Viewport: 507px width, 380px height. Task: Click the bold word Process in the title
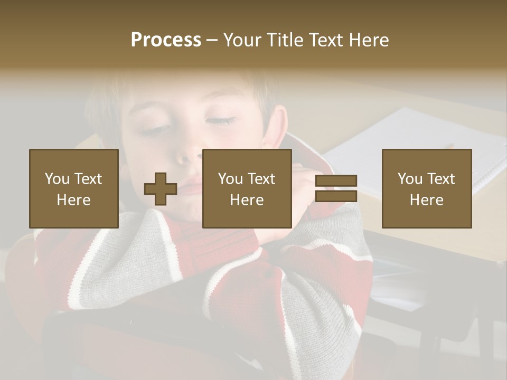tap(166, 40)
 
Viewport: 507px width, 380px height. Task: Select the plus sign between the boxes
tap(161, 189)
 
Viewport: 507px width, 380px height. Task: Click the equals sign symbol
tap(336, 188)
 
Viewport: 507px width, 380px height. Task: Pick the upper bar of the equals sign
tap(336, 181)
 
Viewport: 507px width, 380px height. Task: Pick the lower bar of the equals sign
tap(336, 196)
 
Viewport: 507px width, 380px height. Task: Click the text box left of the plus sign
tap(73, 188)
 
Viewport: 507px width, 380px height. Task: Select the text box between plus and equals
tap(247, 188)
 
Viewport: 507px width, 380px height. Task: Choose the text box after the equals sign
tap(426, 188)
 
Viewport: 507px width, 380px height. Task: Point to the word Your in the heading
tap(242, 40)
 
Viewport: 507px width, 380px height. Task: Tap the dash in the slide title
tap(212, 40)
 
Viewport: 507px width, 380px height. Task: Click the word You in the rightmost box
tap(409, 179)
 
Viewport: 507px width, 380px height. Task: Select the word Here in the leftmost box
tap(73, 199)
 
